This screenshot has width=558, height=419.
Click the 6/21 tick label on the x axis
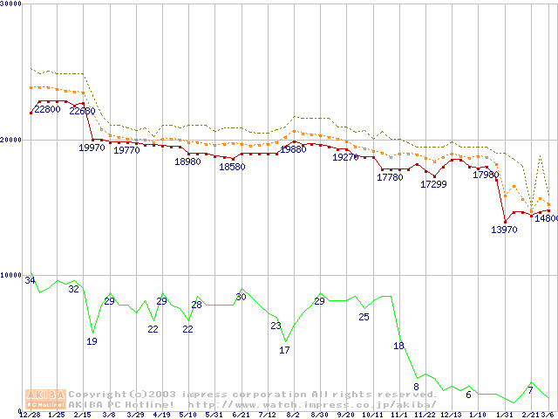[242, 415]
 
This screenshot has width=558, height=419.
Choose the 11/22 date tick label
[425, 415]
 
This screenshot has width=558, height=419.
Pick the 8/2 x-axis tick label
[294, 415]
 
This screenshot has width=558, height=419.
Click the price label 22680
[84, 112]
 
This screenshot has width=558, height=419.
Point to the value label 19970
[92, 148]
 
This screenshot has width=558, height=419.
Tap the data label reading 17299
[434, 184]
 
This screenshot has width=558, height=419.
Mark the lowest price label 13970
[505, 230]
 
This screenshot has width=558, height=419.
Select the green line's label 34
[31, 280]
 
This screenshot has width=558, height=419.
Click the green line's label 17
[284, 350]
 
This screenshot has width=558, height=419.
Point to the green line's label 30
[242, 298]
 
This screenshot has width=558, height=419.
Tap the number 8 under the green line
[417, 386]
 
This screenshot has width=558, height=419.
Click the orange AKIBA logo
[46, 398]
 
